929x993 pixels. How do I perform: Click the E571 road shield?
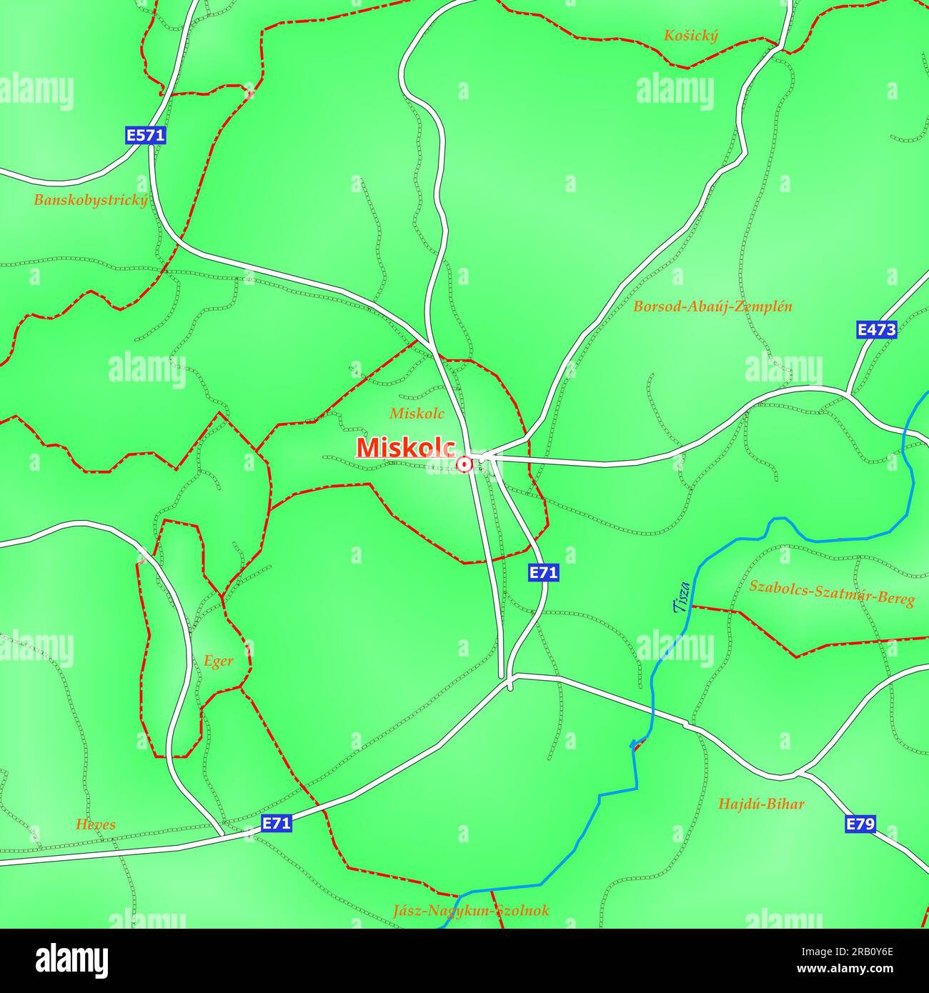click(x=145, y=136)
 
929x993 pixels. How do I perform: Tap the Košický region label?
click(x=690, y=36)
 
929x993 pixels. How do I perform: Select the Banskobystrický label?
click(x=91, y=200)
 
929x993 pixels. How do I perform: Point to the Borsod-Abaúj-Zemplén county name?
click(x=712, y=306)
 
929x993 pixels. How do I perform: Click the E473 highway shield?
click(x=876, y=330)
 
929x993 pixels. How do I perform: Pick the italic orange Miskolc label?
click(x=417, y=413)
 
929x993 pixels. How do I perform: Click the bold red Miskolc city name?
click(x=405, y=448)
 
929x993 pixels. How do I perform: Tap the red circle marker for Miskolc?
click(x=464, y=465)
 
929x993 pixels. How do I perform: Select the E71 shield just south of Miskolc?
click(x=543, y=572)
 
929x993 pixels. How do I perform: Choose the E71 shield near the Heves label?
click(x=277, y=824)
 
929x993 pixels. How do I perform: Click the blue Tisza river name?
click(x=682, y=597)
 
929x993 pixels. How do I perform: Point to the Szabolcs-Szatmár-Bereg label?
click(x=831, y=592)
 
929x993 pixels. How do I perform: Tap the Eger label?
click(x=218, y=662)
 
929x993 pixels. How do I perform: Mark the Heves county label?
click(x=96, y=824)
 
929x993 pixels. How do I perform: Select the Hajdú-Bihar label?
click(x=761, y=804)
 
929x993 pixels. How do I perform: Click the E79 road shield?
click(x=860, y=824)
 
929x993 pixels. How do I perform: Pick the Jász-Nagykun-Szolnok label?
click(x=471, y=911)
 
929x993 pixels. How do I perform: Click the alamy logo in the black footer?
click(x=71, y=961)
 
